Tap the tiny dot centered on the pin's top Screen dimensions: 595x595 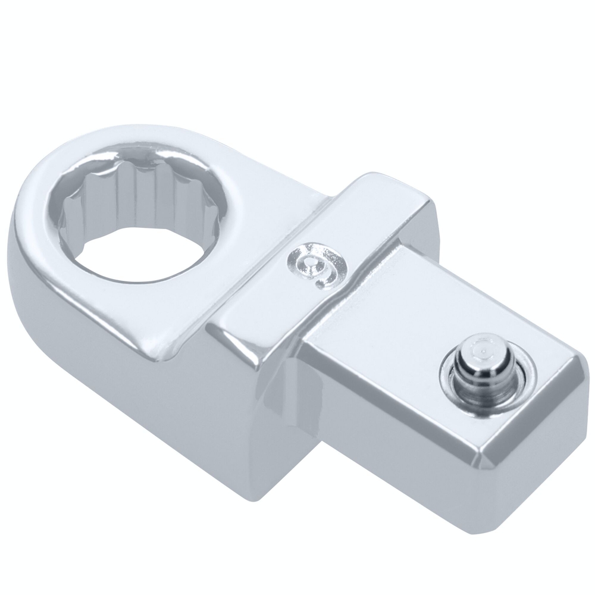[483, 351]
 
